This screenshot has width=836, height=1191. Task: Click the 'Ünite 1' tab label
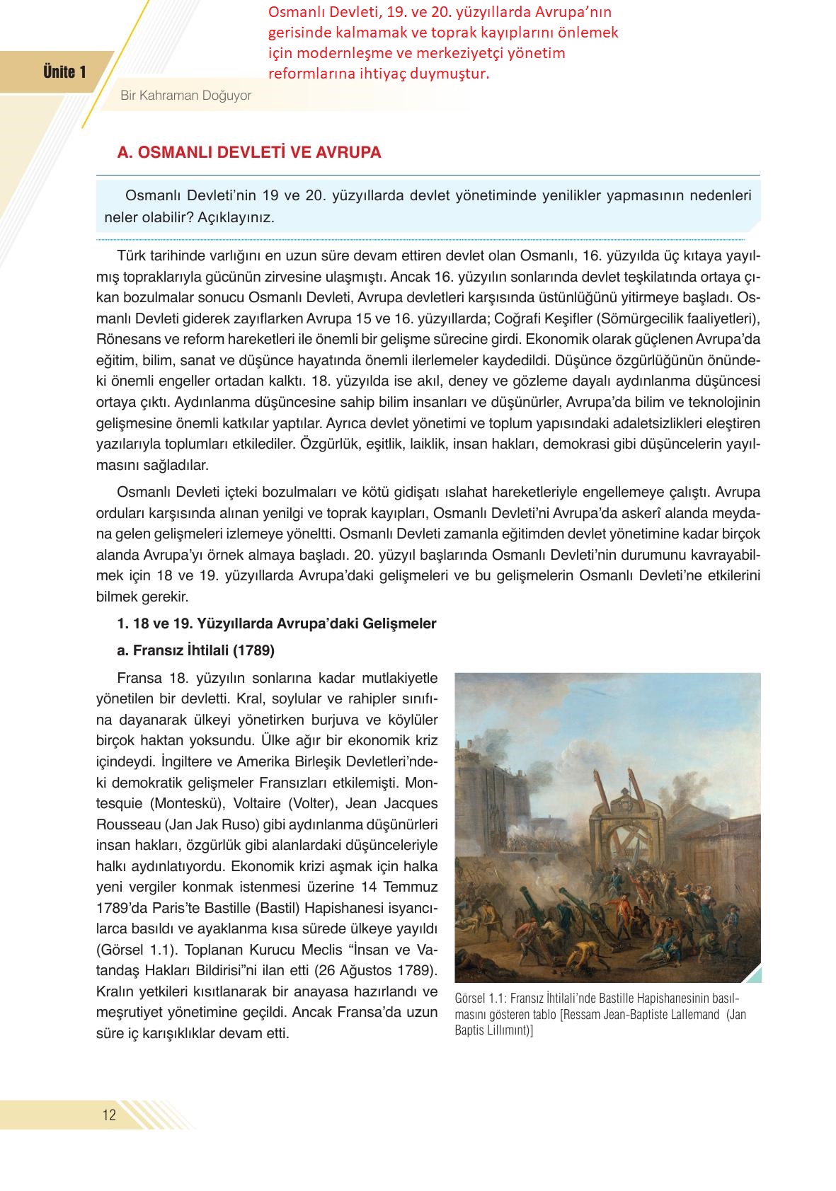pyautogui.click(x=64, y=72)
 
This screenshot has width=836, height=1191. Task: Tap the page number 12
pyautogui.click(x=109, y=1115)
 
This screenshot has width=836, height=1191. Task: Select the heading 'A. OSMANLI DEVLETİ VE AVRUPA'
pyautogui.click(x=249, y=153)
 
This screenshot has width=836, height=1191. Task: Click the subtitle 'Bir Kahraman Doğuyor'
pyautogui.click(x=185, y=96)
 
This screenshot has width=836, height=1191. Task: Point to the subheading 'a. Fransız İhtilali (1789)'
pyautogui.click(x=195, y=650)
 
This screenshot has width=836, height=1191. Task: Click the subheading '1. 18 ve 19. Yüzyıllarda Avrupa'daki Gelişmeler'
pyautogui.click(x=276, y=623)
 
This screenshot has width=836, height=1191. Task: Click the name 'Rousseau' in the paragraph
pyautogui.click(x=120, y=824)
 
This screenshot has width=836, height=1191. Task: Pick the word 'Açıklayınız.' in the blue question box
pyautogui.click(x=236, y=217)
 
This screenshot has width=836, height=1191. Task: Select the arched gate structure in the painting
pyautogui.click(x=630, y=821)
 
